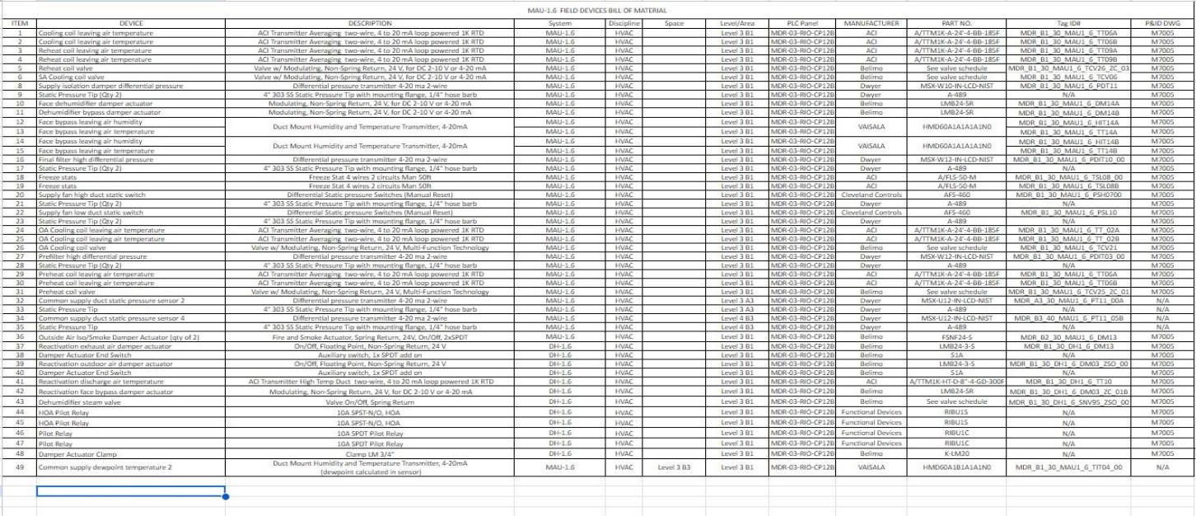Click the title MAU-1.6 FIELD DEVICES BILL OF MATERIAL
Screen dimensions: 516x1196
(x=596, y=10)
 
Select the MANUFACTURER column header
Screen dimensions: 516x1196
(x=871, y=23)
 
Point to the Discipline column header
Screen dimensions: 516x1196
(x=624, y=23)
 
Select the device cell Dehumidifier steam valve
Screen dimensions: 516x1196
(x=80, y=402)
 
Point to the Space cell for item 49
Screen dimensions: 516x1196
(x=675, y=467)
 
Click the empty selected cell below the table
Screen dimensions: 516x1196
(x=130, y=492)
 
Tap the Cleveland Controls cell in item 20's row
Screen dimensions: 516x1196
(x=871, y=195)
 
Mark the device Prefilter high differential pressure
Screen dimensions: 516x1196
(x=93, y=256)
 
